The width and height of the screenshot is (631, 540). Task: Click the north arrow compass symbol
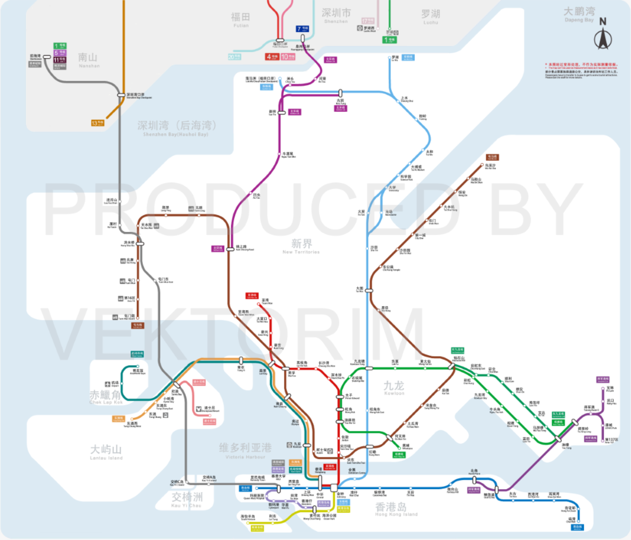tap(602, 35)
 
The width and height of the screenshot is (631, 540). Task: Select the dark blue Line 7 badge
tap(302, 29)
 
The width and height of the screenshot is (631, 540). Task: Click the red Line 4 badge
tap(271, 57)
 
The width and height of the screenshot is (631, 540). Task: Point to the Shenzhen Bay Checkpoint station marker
tap(121, 95)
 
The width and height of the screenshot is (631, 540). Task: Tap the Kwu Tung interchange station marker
tap(340, 93)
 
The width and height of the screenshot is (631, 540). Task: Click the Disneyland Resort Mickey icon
tap(199, 409)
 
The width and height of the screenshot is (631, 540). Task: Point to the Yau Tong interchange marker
tap(559, 439)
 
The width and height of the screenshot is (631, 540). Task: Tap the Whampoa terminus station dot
tap(400, 446)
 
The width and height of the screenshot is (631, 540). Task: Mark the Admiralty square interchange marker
tap(334, 488)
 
